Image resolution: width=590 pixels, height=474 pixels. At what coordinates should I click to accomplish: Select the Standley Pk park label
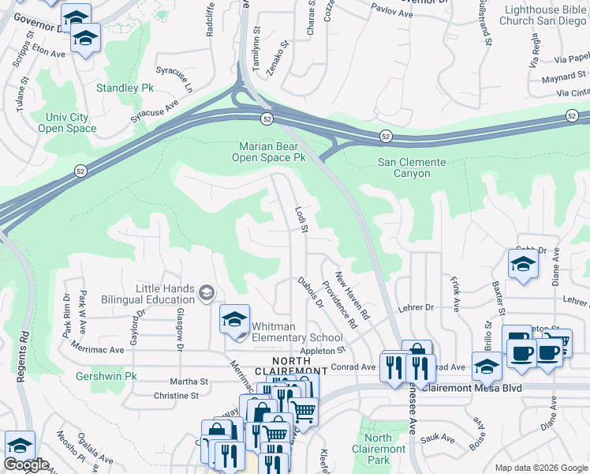pyautogui.click(x=125, y=88)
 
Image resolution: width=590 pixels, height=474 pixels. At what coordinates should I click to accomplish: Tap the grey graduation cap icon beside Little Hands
pyautogui.click(x=206, y=293)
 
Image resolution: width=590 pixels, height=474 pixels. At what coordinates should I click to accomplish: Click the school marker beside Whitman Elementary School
pyautogui.click(x=234, y=319)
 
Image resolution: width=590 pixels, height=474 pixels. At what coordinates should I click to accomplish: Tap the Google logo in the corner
pyautogui.click(x=26, y=465)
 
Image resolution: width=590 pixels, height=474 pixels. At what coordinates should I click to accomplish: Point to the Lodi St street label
pyautogui.click(x=301, y=220)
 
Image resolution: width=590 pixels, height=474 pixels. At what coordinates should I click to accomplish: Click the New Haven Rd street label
pyautogui.click(x=352, y=295)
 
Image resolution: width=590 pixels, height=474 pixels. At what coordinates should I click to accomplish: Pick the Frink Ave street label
pyautogui.click(x=455, y=292)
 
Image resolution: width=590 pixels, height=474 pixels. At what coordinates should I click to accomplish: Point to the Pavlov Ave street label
pyautogui.click(x=394, y=13)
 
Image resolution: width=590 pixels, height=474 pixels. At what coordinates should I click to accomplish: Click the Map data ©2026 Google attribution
pyautogui.click(x=541, y=468)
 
